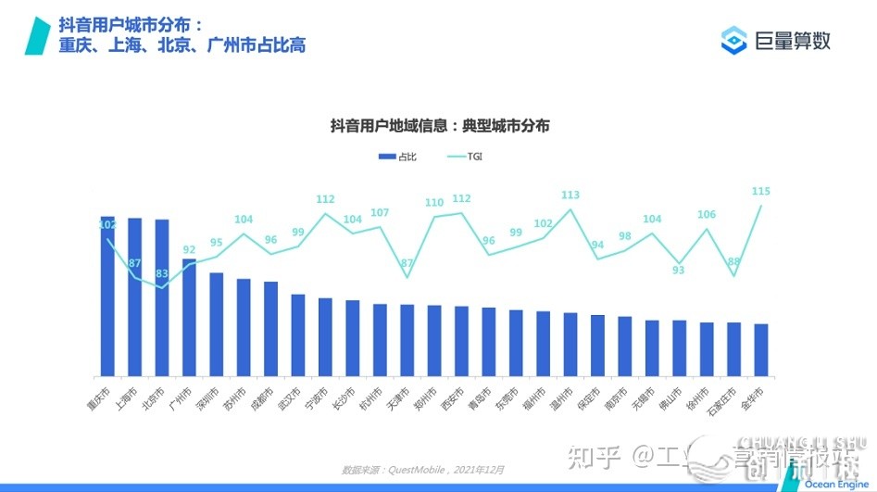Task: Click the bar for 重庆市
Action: (x=107, y=296)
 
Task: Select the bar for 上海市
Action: (x=134, y=297)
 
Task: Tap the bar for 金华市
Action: (x=761, y=350)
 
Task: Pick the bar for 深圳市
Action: (x=216, y=324)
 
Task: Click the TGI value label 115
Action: (x=761, y=191)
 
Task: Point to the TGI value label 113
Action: (x=570, y=195)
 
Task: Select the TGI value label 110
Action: (x=434, y=202)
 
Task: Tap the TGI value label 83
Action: (x=163, y=273)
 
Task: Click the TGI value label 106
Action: (x=707, y=214)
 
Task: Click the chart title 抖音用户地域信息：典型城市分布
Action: (x=440, y=126)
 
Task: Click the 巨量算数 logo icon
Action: (x=734, y=40)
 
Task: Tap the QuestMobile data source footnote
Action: (x=423, y=470)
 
